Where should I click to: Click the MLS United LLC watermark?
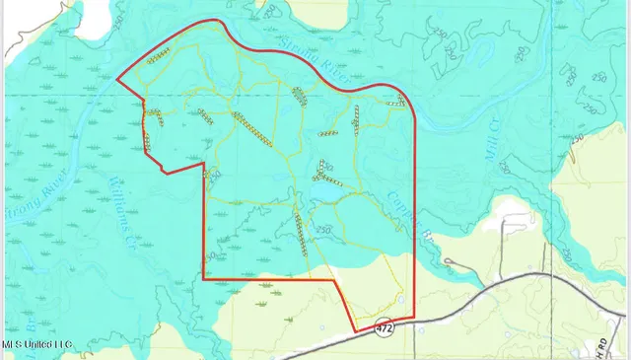click(x=36, y=344)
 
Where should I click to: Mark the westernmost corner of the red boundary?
click(x=117, y=80)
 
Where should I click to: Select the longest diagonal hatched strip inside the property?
click(x=252, y=128)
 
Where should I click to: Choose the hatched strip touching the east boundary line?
click(x=397, y=102)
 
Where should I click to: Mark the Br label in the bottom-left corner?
click(x=30, y=323)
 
